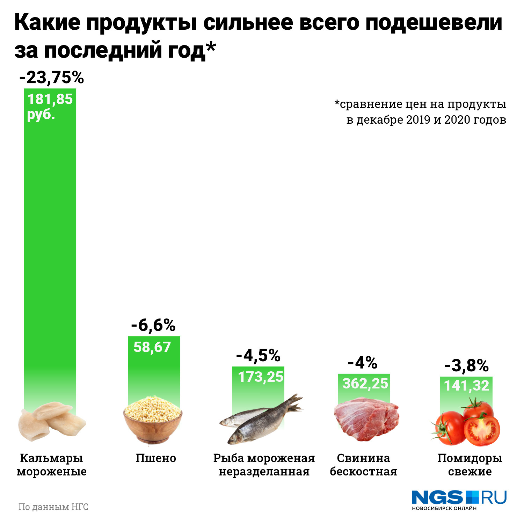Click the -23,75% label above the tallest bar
coord(52,78)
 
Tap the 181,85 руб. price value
coord(50,106)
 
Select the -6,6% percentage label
coord(153,325)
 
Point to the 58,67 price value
coord(152,347)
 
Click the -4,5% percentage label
coord(258,356)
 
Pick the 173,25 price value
coord(261,377)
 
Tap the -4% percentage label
coord(363,363)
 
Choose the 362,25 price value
coord(365,384)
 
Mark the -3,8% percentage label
coord(466,366)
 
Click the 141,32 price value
coord(466,386)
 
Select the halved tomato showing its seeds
coord(482,430)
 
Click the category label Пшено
coord(156,458)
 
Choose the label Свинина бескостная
coord(363,465)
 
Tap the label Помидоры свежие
coord(470,465)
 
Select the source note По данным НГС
coord(53,507)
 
